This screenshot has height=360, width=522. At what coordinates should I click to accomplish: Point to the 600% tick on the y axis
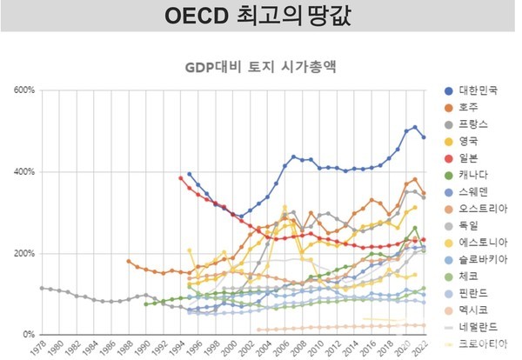click(x=23, y=90)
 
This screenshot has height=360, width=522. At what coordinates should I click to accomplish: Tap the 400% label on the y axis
click(x=23, y=172)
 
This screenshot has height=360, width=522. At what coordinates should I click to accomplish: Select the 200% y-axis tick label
click(x=23, y=254)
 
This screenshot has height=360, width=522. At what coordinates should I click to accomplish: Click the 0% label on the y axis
click(x=27, y=335)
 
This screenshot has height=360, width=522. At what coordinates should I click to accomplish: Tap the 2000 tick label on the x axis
click(x=231, y=349)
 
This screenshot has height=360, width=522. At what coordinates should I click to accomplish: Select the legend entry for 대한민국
click(x=474, y=90)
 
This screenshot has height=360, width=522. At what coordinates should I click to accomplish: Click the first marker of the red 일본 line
click(x=181, y=178)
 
